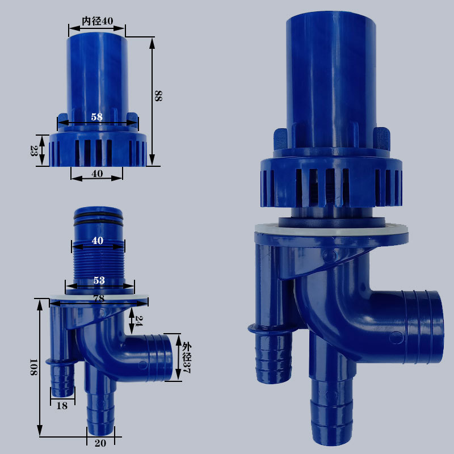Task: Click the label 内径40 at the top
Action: (x=97, y=21)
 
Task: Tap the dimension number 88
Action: (x=158, y=96)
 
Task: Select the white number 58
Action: (x=96, y=117)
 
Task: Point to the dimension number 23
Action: (x=34, y=151)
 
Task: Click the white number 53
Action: (x=99, y=280)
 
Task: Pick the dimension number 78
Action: (x=99, y=299)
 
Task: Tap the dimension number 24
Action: (x=139, y=321)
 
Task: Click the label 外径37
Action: (x=187, y=358)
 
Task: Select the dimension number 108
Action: (x=33, y=367)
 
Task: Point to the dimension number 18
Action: (x=62, y=406)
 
